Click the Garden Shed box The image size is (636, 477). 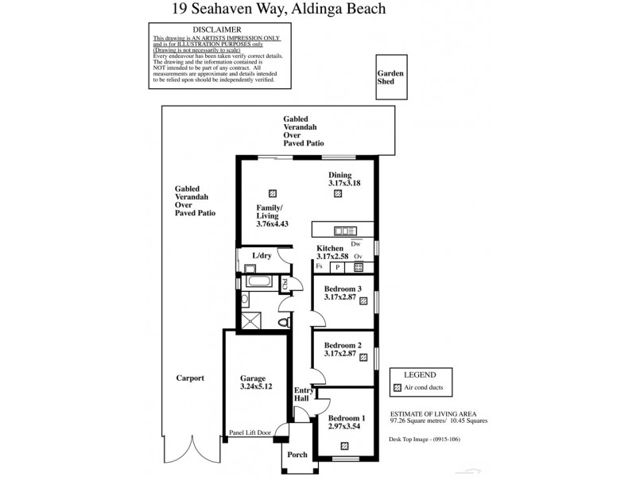pyautogui.click(x=390, y=77)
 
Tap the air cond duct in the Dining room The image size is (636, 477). pyautogui.click(x=338, y=193)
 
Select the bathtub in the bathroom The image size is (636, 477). pyautogui.click(x=259, y=281)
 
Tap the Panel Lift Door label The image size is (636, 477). pyautogui.click(x=250, y=432)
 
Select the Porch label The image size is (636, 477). pyautogui.click(x=297, y=455)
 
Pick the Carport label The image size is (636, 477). pyautogui.click(x=190, y=378)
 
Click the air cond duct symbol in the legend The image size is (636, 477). pyautogui.click(x=397, y=388)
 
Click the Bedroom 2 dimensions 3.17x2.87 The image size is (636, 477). pyautogui.click(x=343, y=353)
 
